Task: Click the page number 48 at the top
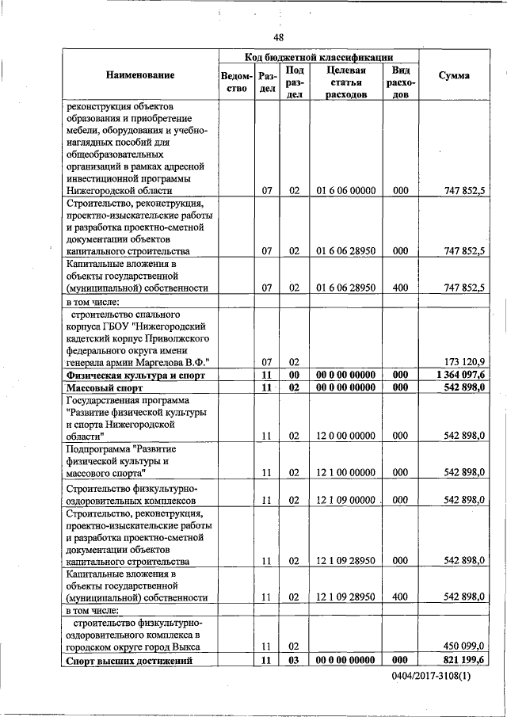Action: tap(278, 37)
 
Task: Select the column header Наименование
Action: tap(139, 75)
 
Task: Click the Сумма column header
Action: tap(453, 75)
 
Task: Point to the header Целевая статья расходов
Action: tap(345, 82)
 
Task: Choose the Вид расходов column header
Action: tap(400, 82)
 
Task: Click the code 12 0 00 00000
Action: tap(345, 435)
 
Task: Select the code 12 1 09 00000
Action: tap(345, 500)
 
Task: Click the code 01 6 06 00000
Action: tap(345, 191)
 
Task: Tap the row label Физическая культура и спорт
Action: tap(136, 374)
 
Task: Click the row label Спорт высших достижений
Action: tap(129, 660)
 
